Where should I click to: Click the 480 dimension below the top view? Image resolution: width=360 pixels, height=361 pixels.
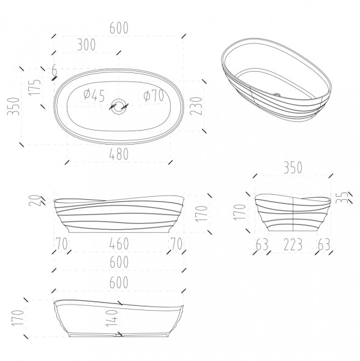(x=119, y=154)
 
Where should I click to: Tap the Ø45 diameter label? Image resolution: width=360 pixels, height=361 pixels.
(x=94, y=95)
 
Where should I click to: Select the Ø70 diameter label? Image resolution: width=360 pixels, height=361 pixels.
(x=154, y=95)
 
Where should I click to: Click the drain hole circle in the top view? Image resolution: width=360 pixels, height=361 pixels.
(x=119, y=106)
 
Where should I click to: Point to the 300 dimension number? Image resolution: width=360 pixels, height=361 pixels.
(x=86, y=45)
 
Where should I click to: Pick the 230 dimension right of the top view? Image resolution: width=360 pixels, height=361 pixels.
(x=196, y=106)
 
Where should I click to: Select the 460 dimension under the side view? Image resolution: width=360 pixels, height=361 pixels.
(x=119, y=243)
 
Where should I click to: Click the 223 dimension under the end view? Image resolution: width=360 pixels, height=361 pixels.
(x=293, y=245)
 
